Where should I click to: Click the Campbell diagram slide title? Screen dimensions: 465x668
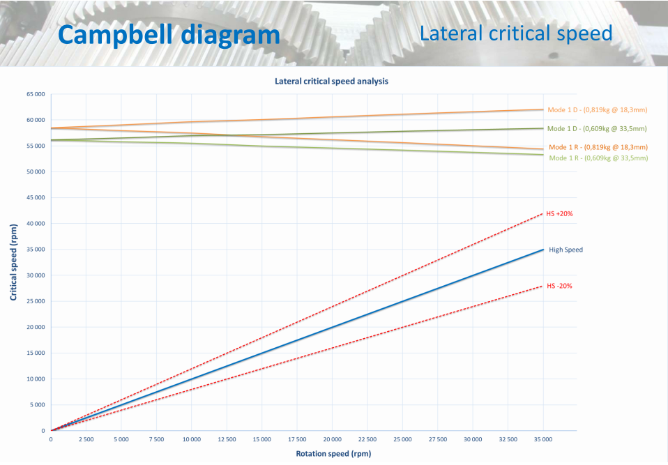(168, 35)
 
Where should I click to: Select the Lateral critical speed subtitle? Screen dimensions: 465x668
(516, 33)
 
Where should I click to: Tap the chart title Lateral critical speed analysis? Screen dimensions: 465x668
(331, 82)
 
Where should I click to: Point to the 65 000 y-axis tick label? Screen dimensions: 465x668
(34, 94)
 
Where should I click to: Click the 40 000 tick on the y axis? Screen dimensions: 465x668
(34, 224)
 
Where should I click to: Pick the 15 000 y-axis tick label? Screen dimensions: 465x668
(34, 353)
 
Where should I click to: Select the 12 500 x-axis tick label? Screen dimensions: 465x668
(227, 439)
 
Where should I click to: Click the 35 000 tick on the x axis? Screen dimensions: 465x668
(543, 439)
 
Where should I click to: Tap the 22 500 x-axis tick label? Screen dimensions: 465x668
(367, 439)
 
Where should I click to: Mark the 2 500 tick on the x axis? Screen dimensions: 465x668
(86, 439)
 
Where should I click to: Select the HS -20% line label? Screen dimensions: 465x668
(559, 286)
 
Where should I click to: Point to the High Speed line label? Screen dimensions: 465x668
(565, 250)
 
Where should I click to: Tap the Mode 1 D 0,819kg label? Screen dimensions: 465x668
(597, 110)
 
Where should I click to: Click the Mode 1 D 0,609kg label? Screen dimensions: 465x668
(597, 129)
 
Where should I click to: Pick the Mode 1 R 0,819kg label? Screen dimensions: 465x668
(598, 148)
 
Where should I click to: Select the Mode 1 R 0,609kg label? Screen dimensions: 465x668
(598, 158)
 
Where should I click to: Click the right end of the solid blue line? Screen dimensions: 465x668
(543, 250)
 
